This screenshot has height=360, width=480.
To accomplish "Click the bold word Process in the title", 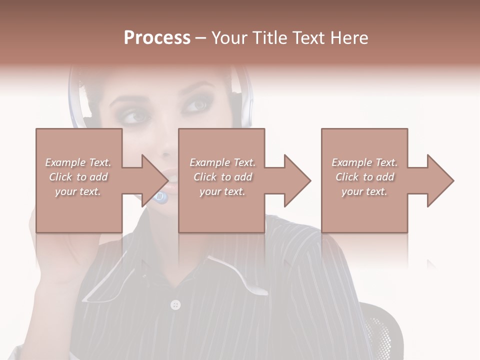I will (x=157, y=38).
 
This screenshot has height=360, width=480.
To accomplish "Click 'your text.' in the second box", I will (x=222, y=191).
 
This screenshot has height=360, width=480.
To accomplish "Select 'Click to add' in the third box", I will (x=365, y=177).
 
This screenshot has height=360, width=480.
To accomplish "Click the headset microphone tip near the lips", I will (x=161, y=198).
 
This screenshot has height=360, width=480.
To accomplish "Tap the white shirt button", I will (x=175, y=304).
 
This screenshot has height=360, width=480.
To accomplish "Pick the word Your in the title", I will (x=228, y=38).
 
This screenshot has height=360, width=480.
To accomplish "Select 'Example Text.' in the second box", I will (x=222, y=162).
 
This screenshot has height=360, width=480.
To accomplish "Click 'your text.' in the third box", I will (x=364, y=191).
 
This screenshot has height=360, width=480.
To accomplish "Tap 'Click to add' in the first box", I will (x=78, y=177).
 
